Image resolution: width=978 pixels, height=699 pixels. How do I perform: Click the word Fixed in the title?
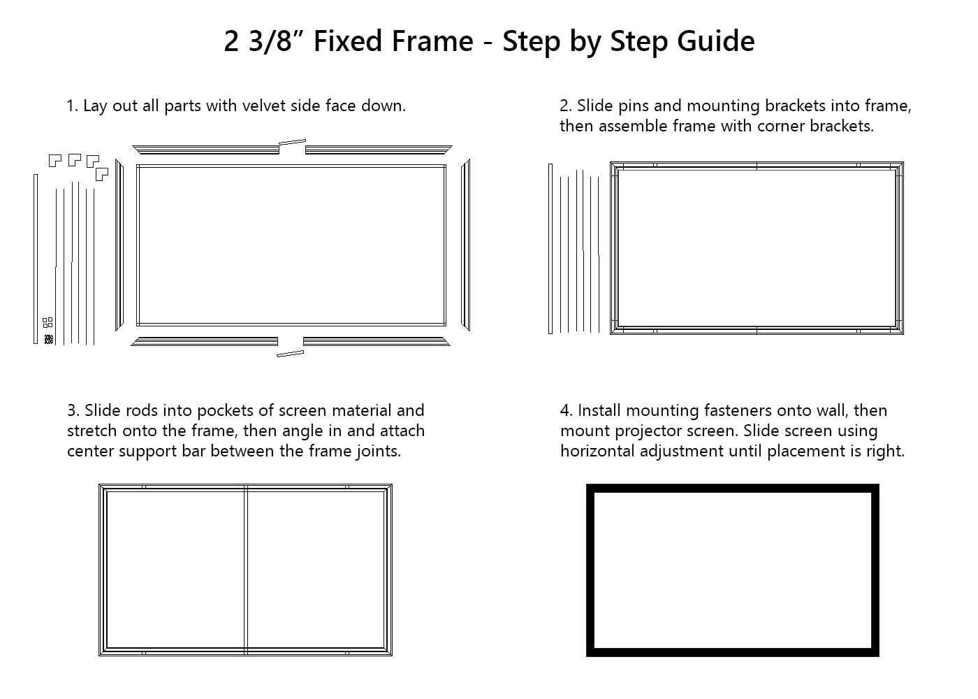[348, 41]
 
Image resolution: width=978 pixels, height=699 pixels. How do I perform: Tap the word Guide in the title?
[715, 41]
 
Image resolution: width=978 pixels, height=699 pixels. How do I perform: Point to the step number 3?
[72, 411]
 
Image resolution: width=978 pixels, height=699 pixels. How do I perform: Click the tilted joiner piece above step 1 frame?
[292, 142]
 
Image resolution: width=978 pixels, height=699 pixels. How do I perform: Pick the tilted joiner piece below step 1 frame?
[291, 354]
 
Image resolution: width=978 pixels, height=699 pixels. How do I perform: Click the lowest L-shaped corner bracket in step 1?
[102, 174]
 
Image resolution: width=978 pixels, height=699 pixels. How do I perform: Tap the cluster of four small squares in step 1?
[48, 322]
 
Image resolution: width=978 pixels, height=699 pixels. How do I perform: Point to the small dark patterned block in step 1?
[49, 340]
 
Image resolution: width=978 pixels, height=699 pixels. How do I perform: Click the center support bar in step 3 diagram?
[246, 570]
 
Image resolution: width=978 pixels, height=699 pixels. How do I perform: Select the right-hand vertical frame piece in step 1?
[466, 245]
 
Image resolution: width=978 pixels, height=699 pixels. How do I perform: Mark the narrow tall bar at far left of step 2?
[550, 249]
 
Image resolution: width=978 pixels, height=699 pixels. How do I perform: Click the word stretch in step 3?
[92, 431]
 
